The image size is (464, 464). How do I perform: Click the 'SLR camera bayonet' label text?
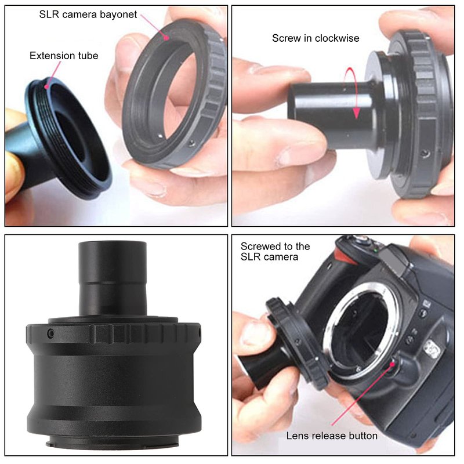click(88, 14)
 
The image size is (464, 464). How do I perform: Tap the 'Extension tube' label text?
click(64, 56)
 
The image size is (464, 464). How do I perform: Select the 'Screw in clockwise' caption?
click(316, 38)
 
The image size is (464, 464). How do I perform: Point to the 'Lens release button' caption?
click(332, 436)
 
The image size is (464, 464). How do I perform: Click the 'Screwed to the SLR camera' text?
click(275, 252)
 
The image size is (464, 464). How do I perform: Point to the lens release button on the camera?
click(393, 365)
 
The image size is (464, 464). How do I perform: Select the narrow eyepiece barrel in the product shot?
click(113, 278)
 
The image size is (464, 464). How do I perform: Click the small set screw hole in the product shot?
click(50, 334)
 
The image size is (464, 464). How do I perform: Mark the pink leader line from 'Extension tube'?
click(53, 74)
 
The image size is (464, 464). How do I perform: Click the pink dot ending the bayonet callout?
click(166, 38)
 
